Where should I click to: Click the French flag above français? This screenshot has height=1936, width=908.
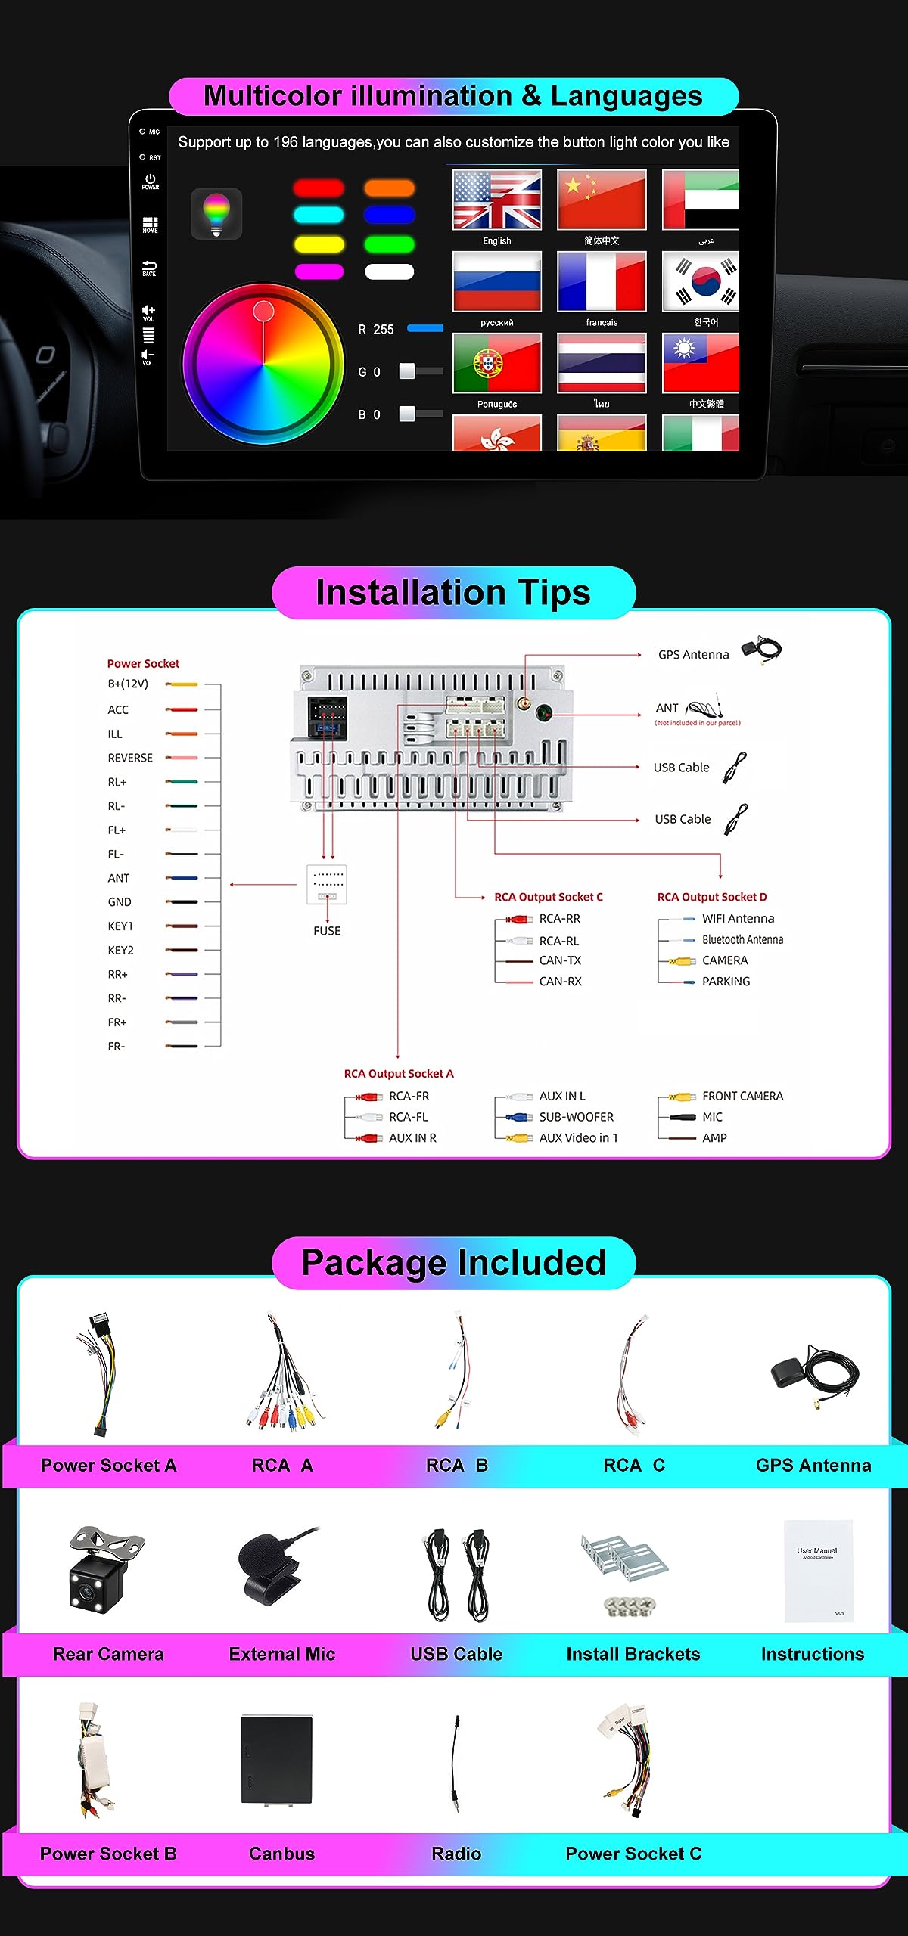602,281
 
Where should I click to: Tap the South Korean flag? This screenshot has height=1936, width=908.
701,281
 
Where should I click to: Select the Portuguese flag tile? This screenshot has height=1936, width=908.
497,363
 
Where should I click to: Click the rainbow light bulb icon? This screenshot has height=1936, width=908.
216,213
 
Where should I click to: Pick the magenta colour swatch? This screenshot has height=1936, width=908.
319,271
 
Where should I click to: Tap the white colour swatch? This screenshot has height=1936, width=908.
390,271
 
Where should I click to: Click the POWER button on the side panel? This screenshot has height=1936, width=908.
150,181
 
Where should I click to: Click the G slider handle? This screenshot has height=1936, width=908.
407,371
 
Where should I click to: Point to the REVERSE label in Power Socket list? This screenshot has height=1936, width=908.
130,758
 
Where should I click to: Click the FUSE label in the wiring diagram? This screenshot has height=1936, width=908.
327,931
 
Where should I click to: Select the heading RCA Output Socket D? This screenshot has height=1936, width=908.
711,897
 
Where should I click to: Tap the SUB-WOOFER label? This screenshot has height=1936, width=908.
576,1117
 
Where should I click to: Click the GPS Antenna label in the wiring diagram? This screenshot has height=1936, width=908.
693,655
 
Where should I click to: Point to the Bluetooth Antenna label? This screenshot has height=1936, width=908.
742,939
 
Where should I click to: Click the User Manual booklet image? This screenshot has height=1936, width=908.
818,1571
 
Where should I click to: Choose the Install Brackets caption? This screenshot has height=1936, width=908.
633,1654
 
